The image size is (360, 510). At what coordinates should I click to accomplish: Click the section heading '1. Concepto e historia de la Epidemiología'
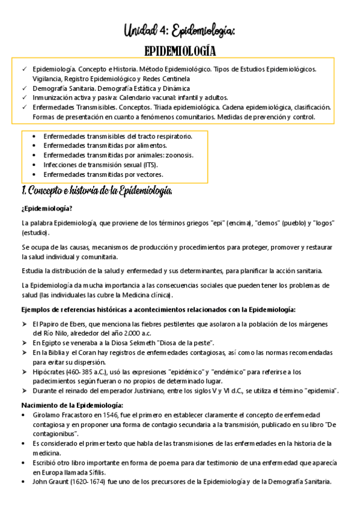tap(97, 191)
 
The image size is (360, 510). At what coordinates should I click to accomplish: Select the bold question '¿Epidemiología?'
tap(46, 209)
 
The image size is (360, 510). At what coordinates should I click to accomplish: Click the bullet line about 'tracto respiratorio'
tap(117, 137)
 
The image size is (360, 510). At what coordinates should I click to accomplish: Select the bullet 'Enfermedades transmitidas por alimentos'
tap(105, 146)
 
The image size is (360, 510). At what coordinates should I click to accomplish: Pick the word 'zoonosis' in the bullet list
tap(178, 155)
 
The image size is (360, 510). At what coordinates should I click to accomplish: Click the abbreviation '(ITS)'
tap(153, 165)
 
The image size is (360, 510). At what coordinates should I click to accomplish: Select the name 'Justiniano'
tap(144, 391)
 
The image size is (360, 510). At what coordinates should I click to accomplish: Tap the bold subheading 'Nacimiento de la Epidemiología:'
tap(72, 405)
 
